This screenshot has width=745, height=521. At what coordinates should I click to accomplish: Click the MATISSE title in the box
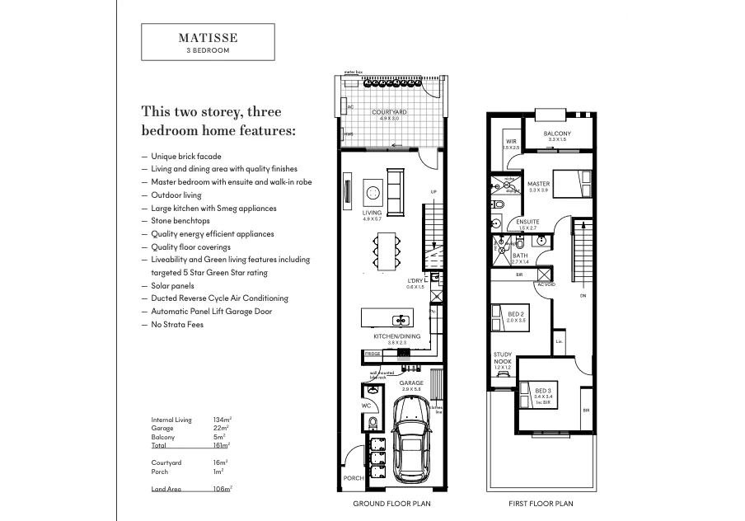click(x=208, y=38)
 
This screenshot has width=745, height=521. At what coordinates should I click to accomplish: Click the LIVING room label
click(x=372, y=213)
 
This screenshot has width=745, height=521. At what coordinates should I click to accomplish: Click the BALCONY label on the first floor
click(x=557, y=134)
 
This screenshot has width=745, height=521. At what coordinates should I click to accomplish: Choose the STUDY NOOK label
click(x=502, y=357)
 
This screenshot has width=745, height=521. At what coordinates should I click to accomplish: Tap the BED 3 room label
click(x=542, y=390)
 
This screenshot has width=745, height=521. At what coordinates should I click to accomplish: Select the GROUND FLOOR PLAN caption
click(x=391, y=503)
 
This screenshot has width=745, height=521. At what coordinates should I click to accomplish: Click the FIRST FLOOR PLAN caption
click(x=541, y=503)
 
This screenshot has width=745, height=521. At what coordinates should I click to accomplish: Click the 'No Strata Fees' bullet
click(x=177, y=324)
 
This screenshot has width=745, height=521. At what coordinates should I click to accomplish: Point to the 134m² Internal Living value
click(x=221, y=420)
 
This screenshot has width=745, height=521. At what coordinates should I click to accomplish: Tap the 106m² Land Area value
click(x=222, y=489)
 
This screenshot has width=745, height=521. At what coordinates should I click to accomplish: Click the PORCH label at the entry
click(x=353, y=478)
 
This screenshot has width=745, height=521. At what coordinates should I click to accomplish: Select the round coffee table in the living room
click(x=372, y=192)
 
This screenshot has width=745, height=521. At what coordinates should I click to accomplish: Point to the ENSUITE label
click(x=527, y=222)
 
